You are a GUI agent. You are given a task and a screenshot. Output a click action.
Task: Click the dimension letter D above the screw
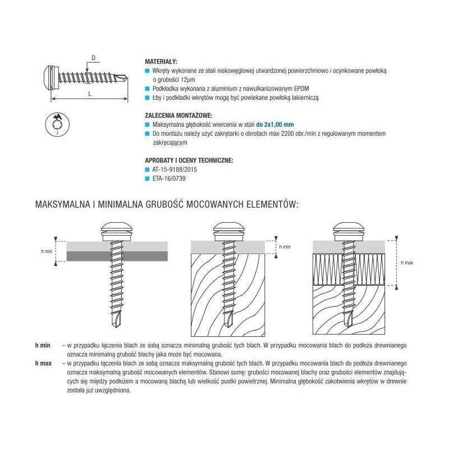94,58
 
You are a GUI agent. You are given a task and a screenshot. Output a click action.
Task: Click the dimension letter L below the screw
90,94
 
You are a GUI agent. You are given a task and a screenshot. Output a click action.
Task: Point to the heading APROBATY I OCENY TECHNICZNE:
189,161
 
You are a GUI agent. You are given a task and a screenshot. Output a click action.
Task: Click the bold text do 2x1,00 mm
275,124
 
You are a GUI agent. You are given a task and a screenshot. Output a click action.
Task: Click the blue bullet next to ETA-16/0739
148,178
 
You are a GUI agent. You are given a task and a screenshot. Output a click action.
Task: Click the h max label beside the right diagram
407,262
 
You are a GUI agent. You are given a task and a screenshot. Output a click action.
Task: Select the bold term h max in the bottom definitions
43,363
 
